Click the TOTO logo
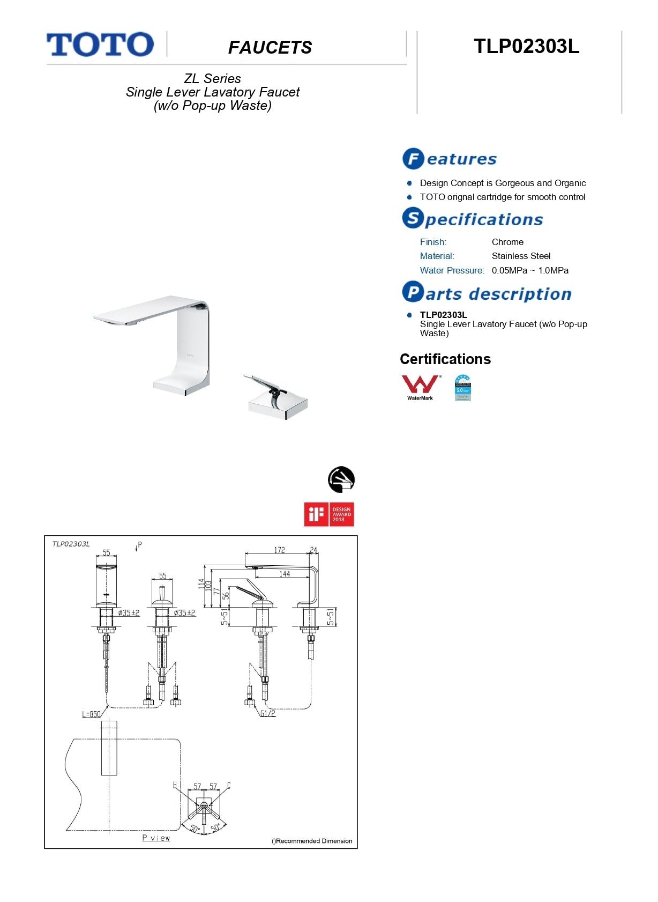(100, 44)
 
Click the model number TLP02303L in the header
(526, 46)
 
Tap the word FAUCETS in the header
(270, 47)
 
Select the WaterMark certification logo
(421, 387)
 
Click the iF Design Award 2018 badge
(329, 514)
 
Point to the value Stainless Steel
(521, 256)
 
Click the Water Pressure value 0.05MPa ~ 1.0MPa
(530, 270)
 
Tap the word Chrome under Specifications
(507, 242)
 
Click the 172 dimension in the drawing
(279, 550)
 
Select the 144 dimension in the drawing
(285, 574)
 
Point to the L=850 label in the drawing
(91, 714)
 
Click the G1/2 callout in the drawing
(267, 713)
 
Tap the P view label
(156, 838)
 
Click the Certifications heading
(445, 359)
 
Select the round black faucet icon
(341, 479)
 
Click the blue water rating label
(462, 388)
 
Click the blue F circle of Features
(413, 159)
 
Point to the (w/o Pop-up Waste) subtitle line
(213, 106)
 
